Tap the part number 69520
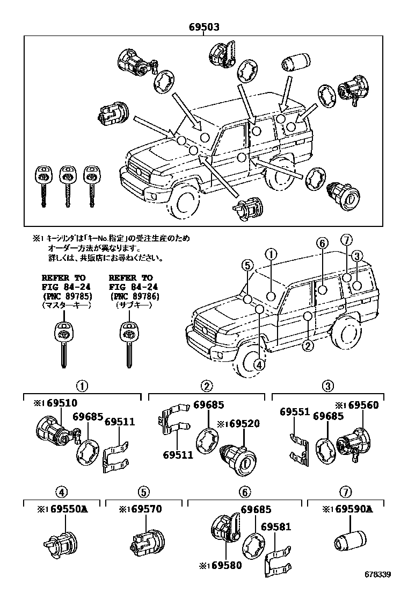coord(243,424)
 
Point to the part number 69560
coord(360,404)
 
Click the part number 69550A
coord(62,509)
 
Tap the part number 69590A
coord(349,509)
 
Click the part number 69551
coord(294,412)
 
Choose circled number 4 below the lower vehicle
coord(259,364)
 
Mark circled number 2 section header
coord(206,385)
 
